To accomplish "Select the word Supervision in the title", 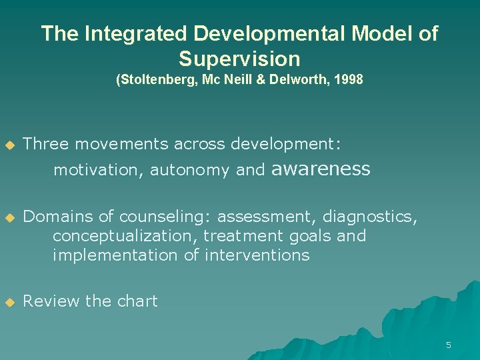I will click(x=239, y=59).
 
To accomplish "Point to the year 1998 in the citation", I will click(x=349, y=80).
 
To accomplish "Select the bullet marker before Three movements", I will click(x=9, y=145).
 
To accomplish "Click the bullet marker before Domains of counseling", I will click(x=9, y=217).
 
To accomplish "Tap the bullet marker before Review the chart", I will click(x=9, y=302).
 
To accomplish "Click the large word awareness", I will click(x=321, y=169).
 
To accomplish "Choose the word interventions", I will click(x=257, y=255).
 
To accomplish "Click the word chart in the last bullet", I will click(x=137, y=301).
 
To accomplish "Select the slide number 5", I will click(x=448, y=345).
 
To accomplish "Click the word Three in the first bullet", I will click(x=45, y=144).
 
